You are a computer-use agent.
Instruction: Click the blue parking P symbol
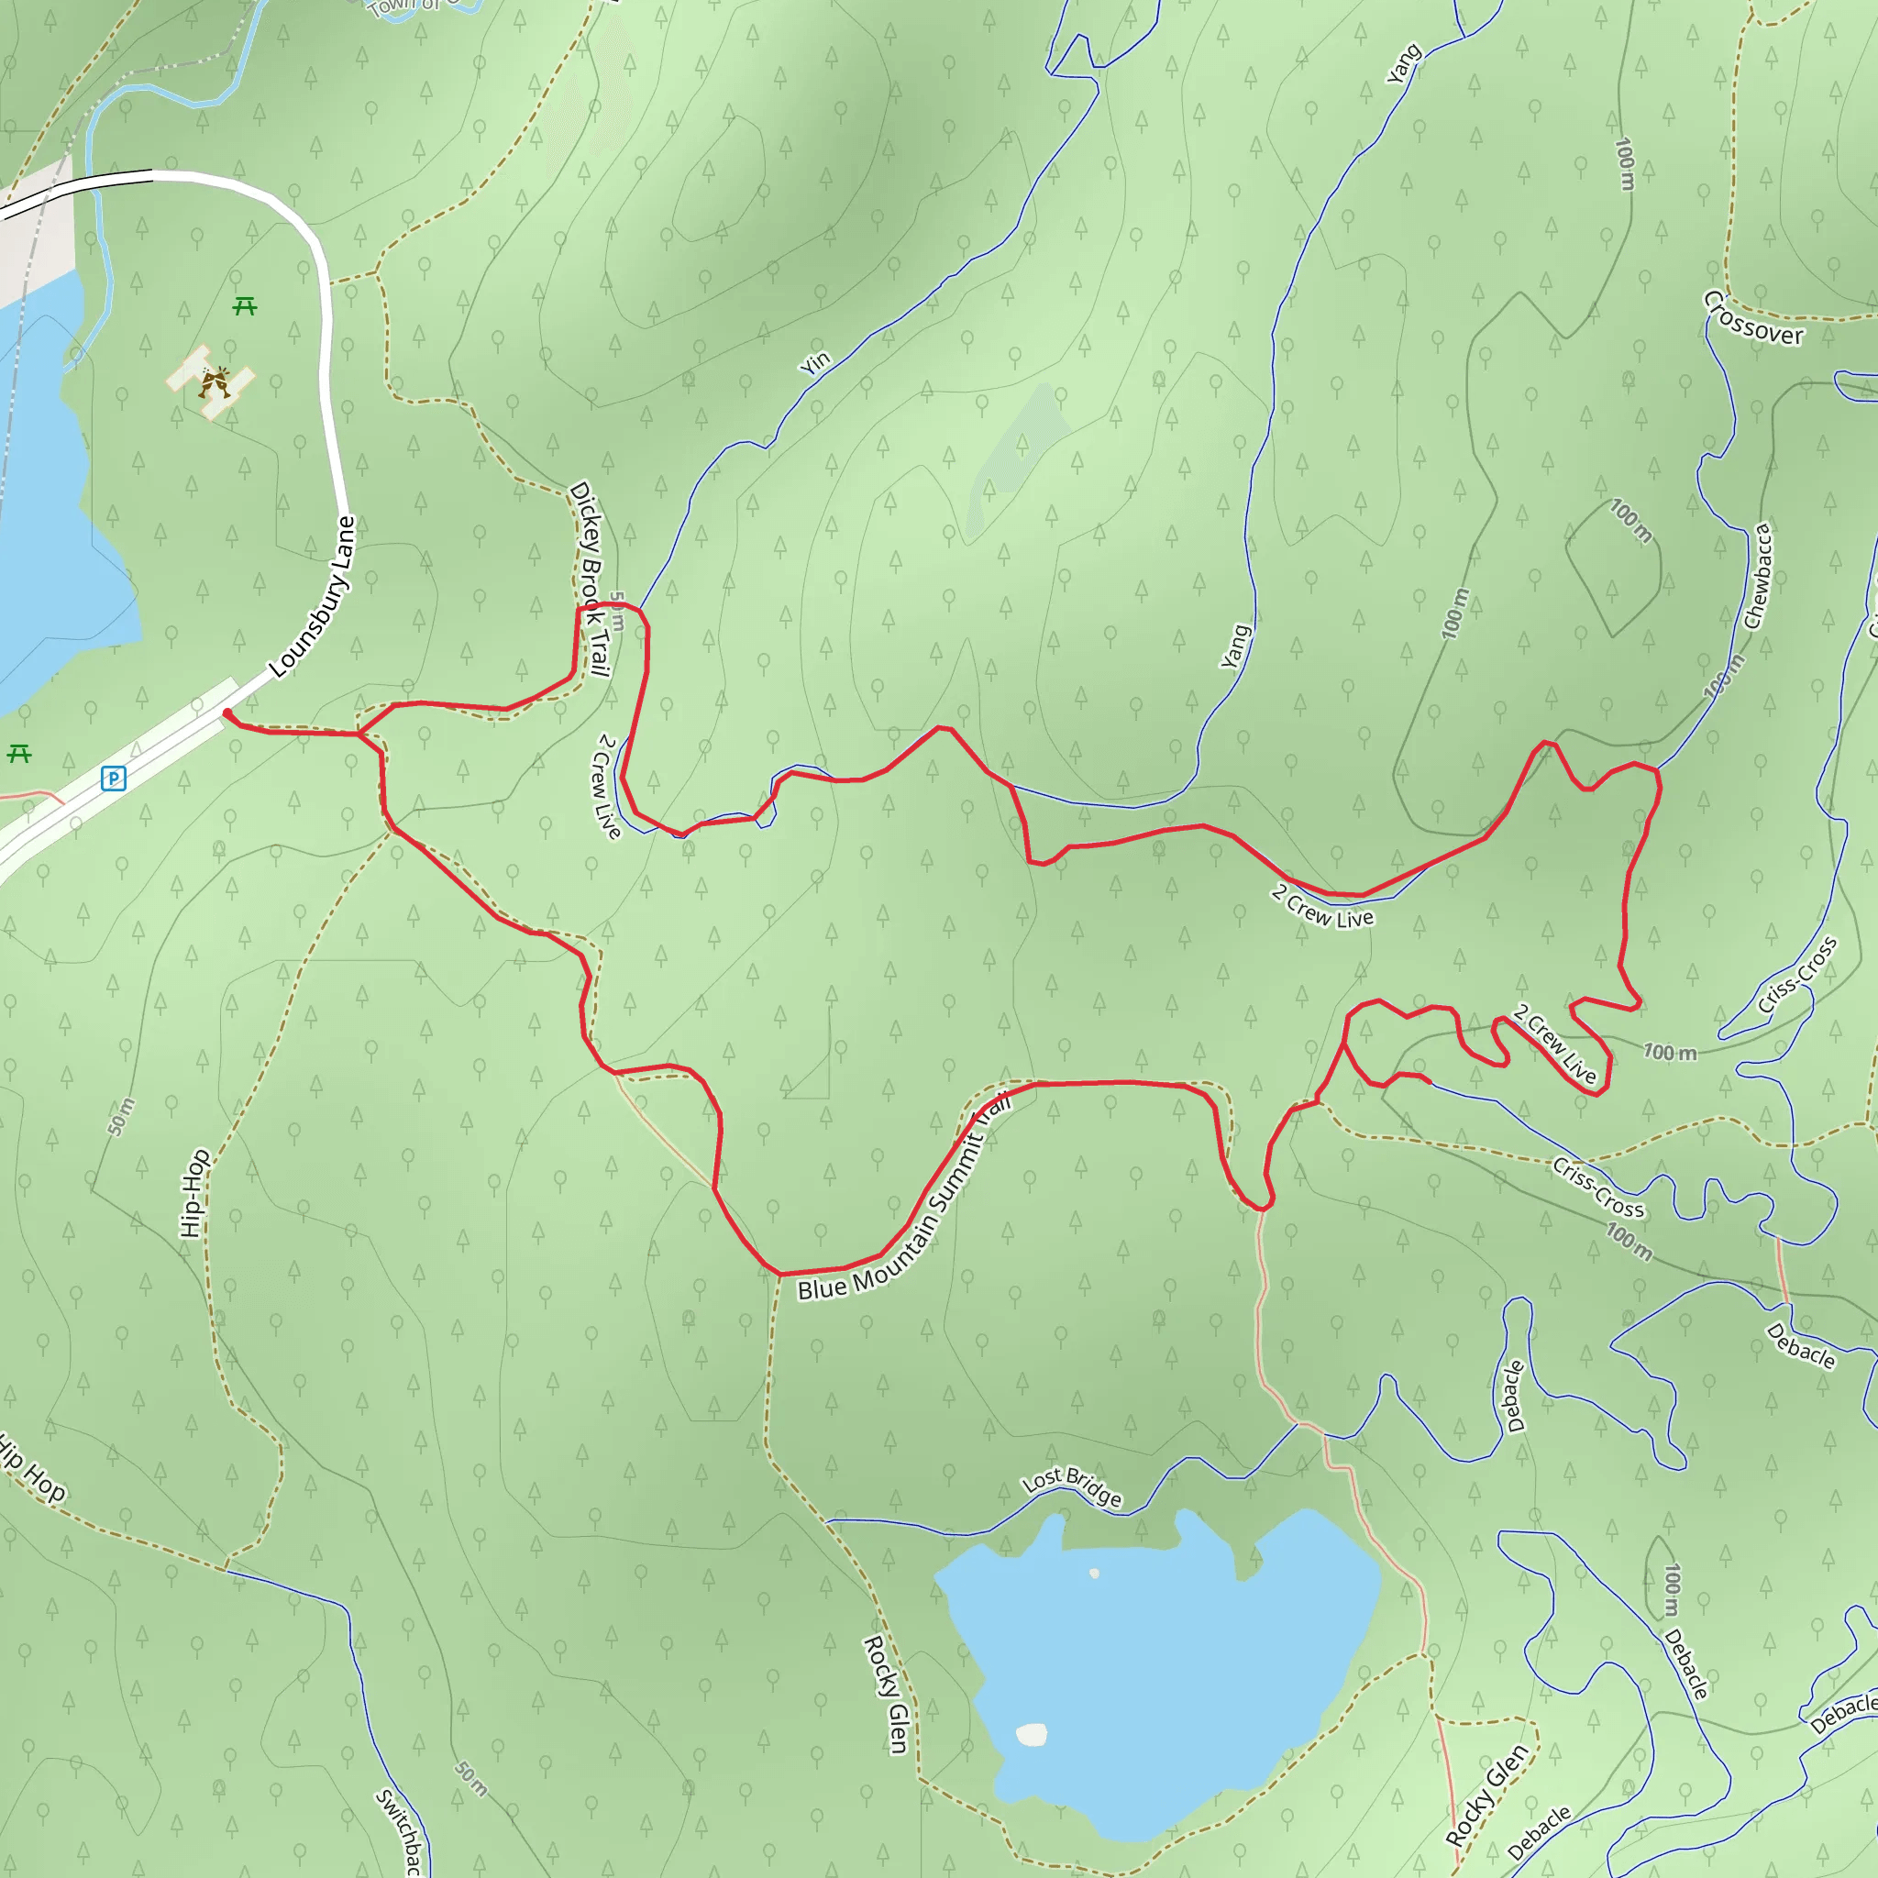pos(114,778)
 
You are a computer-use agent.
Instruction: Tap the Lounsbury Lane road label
pos(313,597)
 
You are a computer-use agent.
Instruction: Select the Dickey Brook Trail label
pos(590,580)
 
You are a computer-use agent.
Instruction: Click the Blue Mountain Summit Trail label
pos(904,1198)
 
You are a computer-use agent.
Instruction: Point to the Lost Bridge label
pos(1072,1486)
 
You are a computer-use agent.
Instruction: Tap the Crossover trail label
pos(1752,318)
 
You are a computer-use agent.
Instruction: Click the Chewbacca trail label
pos(1759,577)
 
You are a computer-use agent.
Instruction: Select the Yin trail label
pos(815,361)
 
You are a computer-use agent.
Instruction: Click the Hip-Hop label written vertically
pos(193,1193)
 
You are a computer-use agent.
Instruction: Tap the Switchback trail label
pos(400,1831)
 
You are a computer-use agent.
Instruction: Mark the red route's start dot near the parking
pos(226,713)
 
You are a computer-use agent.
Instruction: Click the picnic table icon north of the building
pos(245,307)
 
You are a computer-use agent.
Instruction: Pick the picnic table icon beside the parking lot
pos(19,754)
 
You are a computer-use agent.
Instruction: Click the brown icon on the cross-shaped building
pos(214,382)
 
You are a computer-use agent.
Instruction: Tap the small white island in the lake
pos(1032,1734)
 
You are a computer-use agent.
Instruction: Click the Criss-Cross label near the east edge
pos(1797,975)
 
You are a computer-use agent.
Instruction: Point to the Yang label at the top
pos(1403,64)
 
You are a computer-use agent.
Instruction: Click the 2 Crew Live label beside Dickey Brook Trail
pos(606,787)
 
